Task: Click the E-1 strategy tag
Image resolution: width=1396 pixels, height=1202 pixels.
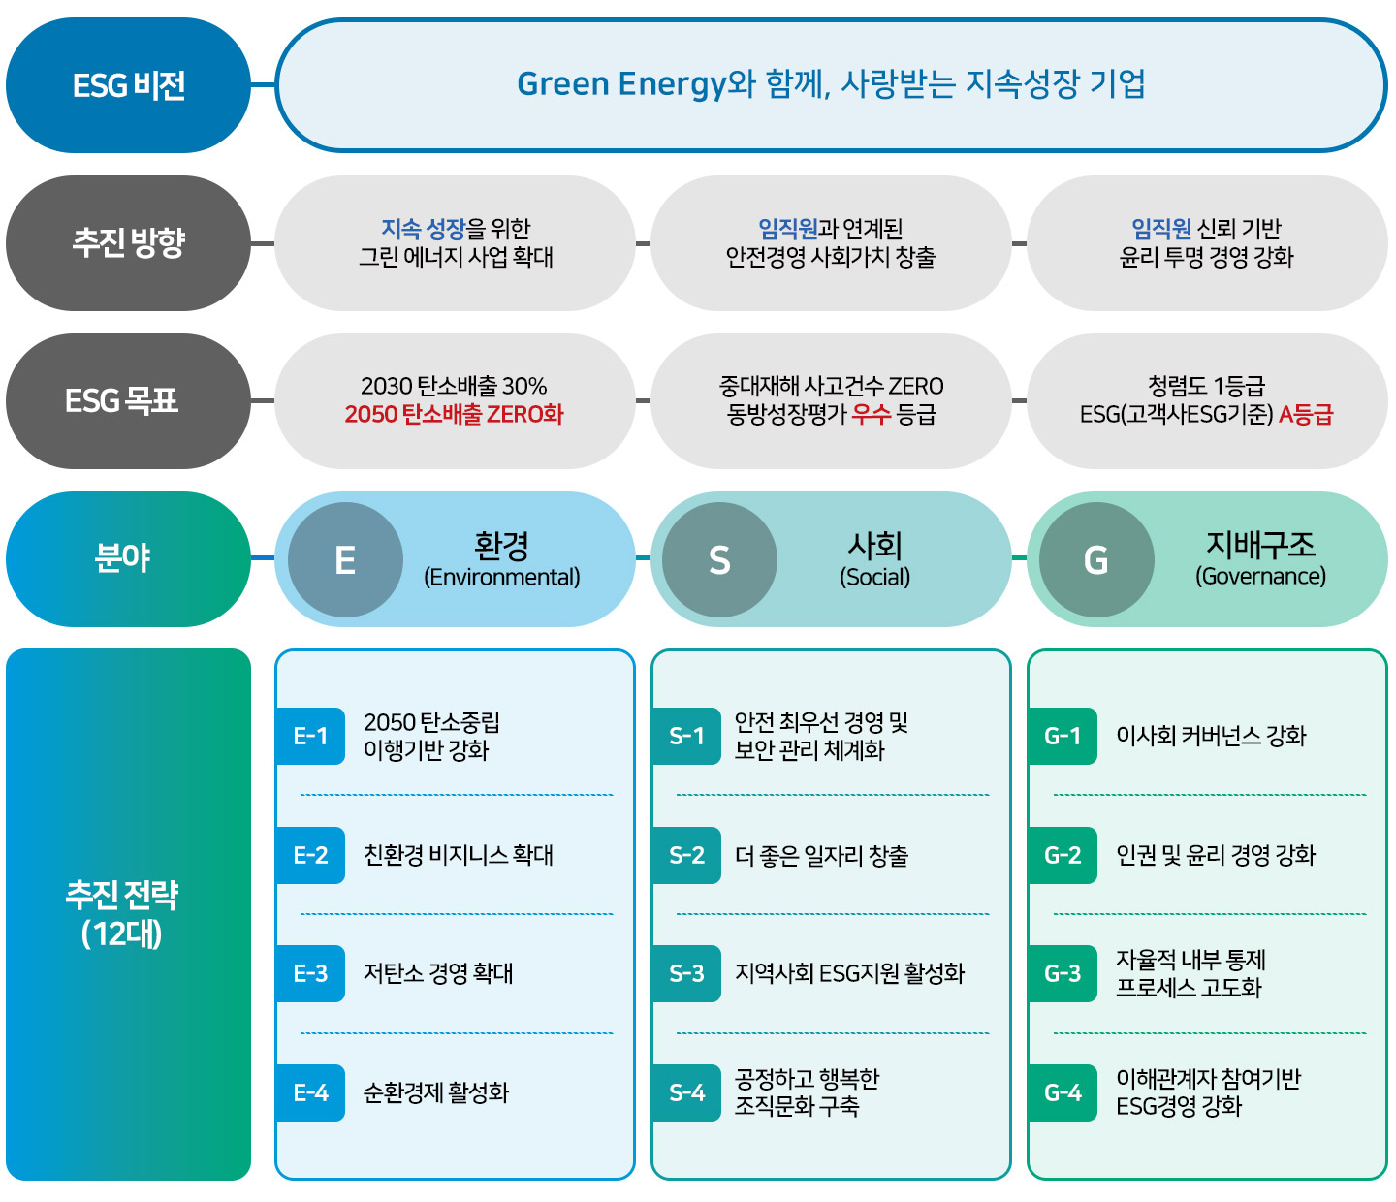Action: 310,736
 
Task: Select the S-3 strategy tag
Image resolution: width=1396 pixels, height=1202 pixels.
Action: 686,973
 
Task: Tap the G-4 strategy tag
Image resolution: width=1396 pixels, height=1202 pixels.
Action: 1063,1092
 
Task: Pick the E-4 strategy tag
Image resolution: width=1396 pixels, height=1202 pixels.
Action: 310,1092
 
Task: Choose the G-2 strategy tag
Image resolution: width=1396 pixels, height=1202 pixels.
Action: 1063,855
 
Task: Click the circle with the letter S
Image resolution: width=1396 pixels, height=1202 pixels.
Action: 720,559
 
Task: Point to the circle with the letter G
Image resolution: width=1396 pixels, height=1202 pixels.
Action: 1096,559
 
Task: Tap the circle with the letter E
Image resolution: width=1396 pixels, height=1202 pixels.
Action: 345,559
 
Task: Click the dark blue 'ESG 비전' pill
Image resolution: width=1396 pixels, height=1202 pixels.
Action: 128,85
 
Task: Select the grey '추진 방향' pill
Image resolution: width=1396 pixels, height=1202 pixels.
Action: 128,243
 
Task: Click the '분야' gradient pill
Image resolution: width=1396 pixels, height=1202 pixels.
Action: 128,559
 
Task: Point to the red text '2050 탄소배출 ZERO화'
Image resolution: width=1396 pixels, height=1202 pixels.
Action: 454,414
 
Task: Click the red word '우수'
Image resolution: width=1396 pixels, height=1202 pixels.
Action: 872,414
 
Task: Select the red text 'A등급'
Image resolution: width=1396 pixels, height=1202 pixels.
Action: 1306,414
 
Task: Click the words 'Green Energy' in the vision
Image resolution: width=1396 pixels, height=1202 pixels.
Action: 621,85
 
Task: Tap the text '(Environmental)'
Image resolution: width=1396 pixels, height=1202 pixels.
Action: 502,577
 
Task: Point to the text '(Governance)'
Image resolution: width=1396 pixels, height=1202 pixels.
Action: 1260,576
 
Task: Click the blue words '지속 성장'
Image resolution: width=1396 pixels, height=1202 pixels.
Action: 424,229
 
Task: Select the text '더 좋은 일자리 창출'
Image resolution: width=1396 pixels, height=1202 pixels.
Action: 821,856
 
